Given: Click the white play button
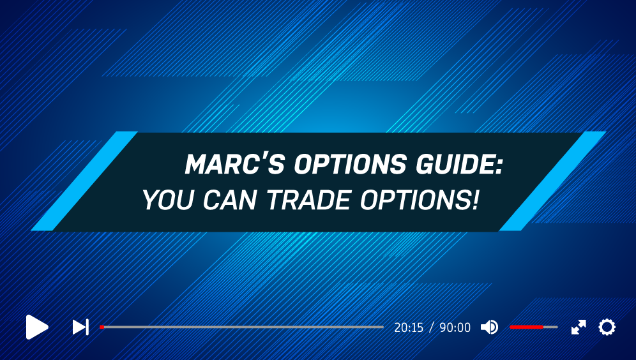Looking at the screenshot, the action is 36,327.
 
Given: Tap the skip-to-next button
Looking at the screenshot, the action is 80,327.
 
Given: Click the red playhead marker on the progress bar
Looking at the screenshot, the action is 102,327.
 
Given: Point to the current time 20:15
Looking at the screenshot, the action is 409,327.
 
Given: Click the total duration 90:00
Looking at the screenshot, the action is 455,327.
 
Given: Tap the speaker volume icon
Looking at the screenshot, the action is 490,327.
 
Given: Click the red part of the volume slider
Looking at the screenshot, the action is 526,327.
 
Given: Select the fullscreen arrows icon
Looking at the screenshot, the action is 579,327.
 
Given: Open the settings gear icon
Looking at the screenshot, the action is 607,327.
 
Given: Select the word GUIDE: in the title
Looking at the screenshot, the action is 459,164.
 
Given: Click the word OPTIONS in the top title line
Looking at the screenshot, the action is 350,164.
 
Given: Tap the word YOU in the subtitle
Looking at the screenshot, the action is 168,200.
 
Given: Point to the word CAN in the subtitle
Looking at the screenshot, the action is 230,200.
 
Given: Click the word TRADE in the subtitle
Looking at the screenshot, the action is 308,200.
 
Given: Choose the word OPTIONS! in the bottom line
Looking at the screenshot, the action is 420,200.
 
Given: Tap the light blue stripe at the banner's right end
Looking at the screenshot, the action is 552,181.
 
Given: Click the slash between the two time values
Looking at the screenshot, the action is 432,327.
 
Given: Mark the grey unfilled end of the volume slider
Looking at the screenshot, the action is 550,327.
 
